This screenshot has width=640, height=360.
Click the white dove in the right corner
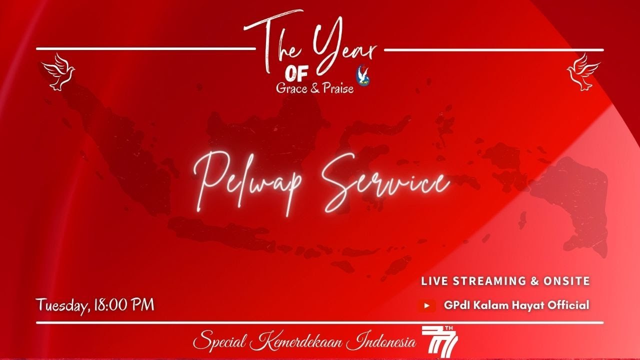pyautogui.click(x=583, y=72)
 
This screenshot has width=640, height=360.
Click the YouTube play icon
pyautogui.click(x=426, y=305)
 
